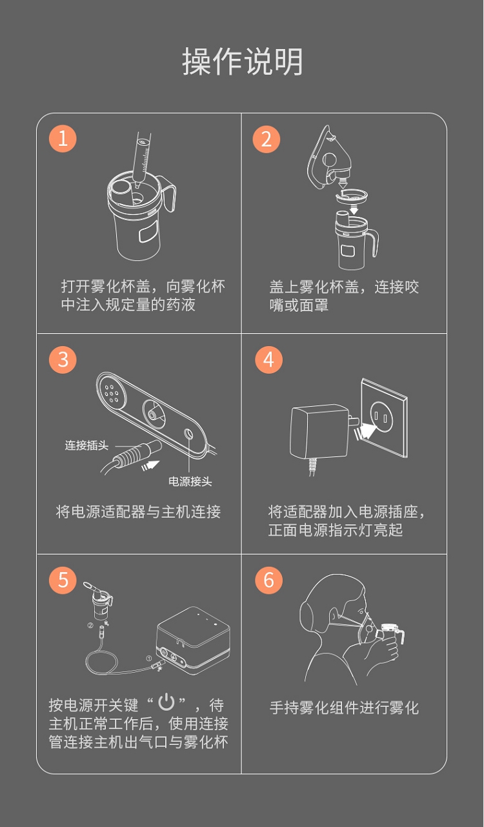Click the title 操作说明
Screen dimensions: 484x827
click(242, 62)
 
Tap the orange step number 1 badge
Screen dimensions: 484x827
click(63, 139)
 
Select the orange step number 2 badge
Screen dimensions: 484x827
click(266, 139)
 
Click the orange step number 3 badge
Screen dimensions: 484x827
click(63, 360)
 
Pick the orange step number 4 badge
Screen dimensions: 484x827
click(268, 360)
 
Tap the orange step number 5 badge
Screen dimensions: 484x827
click(63, 580)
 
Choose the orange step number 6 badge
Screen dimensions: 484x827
click(268, 580)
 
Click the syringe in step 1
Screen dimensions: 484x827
click(142, 159)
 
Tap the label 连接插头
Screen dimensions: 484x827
click(86, 445)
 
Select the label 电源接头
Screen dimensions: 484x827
click(190, 482)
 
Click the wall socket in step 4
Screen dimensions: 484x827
click(384, 418)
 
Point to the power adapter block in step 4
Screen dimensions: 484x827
click(319, 431)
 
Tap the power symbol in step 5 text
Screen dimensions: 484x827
click(166, 702)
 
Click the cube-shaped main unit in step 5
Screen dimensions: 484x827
click(194, 641)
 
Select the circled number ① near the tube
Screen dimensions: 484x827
click(149, 659)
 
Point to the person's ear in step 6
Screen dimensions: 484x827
click(334, 615)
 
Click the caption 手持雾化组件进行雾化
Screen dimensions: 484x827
click(344, 708)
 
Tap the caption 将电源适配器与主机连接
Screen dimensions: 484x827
click(138, 512)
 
